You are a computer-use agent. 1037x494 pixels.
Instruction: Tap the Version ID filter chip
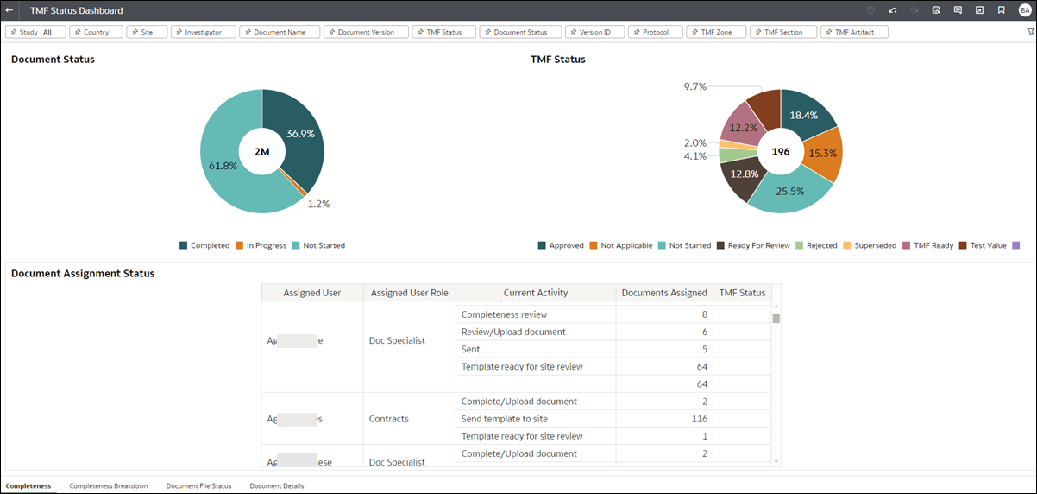coord(594,32)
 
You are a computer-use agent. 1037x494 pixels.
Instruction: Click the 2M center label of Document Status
coord(262,152)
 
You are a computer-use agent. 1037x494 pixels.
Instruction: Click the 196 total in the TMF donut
coord(781,152)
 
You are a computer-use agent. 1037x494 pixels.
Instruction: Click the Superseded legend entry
coord(872,246)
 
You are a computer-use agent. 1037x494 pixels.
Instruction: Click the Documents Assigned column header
coord(664,293)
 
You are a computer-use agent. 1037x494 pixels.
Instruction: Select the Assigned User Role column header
coord(410,293)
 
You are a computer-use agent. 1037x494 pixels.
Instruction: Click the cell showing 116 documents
coord(664,419)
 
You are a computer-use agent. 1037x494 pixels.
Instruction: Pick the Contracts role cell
coord(388,419)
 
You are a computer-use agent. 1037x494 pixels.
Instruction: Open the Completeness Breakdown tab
coord(109,485)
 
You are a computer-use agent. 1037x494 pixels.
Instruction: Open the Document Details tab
coord(276,485)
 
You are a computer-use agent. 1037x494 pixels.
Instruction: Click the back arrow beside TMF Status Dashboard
coord(9,10)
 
